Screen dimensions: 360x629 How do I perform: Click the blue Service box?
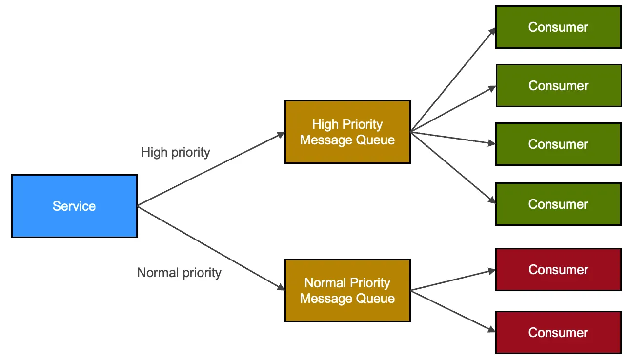tap(74, 206)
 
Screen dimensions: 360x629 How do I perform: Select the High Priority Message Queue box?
tap(347, 132)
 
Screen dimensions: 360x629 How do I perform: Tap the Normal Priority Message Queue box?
tap(347, 290)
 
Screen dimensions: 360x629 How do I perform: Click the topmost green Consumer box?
tap(558, 27)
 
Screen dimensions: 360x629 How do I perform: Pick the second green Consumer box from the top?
tap(558, 85)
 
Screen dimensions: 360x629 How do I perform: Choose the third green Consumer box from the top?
tap(558, 144)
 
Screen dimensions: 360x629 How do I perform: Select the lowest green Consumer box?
tap(558, 204)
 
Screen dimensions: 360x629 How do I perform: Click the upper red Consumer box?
tap(558, 269)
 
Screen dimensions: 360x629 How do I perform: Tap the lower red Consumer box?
tap(558, 332)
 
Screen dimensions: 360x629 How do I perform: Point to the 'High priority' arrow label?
tap(176, 152)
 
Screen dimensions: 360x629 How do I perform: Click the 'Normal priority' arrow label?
tap(179, 273)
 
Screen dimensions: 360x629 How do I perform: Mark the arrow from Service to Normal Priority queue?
tap(210, 247)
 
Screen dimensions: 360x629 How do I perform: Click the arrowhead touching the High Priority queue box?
tap(281, 134)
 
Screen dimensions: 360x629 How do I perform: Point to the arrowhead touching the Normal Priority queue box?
tap(281, 288)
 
